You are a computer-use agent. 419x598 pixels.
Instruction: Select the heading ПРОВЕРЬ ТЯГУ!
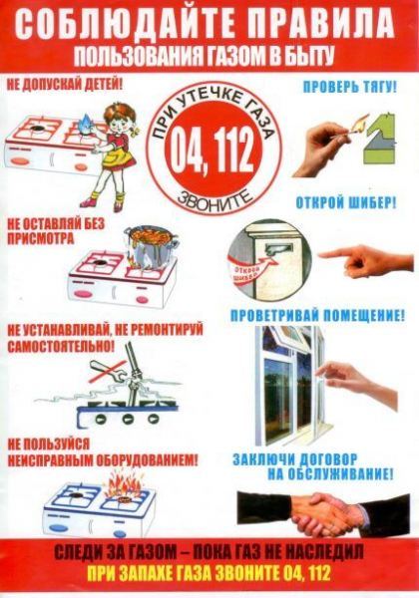point(346,87)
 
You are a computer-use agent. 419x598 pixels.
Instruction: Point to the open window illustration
point(284,389)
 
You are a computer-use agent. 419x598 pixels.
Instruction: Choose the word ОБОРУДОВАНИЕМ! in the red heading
point(150,459)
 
